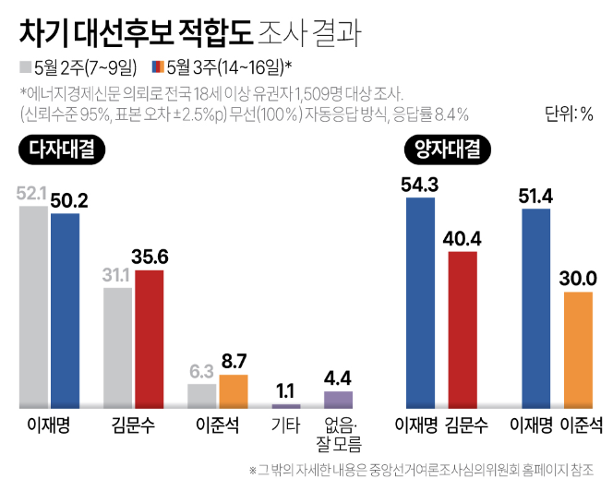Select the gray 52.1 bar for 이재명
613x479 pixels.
point(34,306)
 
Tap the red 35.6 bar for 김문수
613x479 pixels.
point(149,339)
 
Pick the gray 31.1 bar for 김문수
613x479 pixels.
point(118,347)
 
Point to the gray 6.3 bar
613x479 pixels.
point(201,395)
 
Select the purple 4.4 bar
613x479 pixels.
point(338,399)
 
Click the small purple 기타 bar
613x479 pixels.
point(286,405)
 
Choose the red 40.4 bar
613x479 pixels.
point(463,329)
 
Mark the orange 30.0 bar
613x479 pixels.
point(577,350)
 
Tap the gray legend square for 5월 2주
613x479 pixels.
point(24,66)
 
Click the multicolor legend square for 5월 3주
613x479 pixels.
point(158,66)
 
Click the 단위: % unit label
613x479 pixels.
point(570,114)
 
